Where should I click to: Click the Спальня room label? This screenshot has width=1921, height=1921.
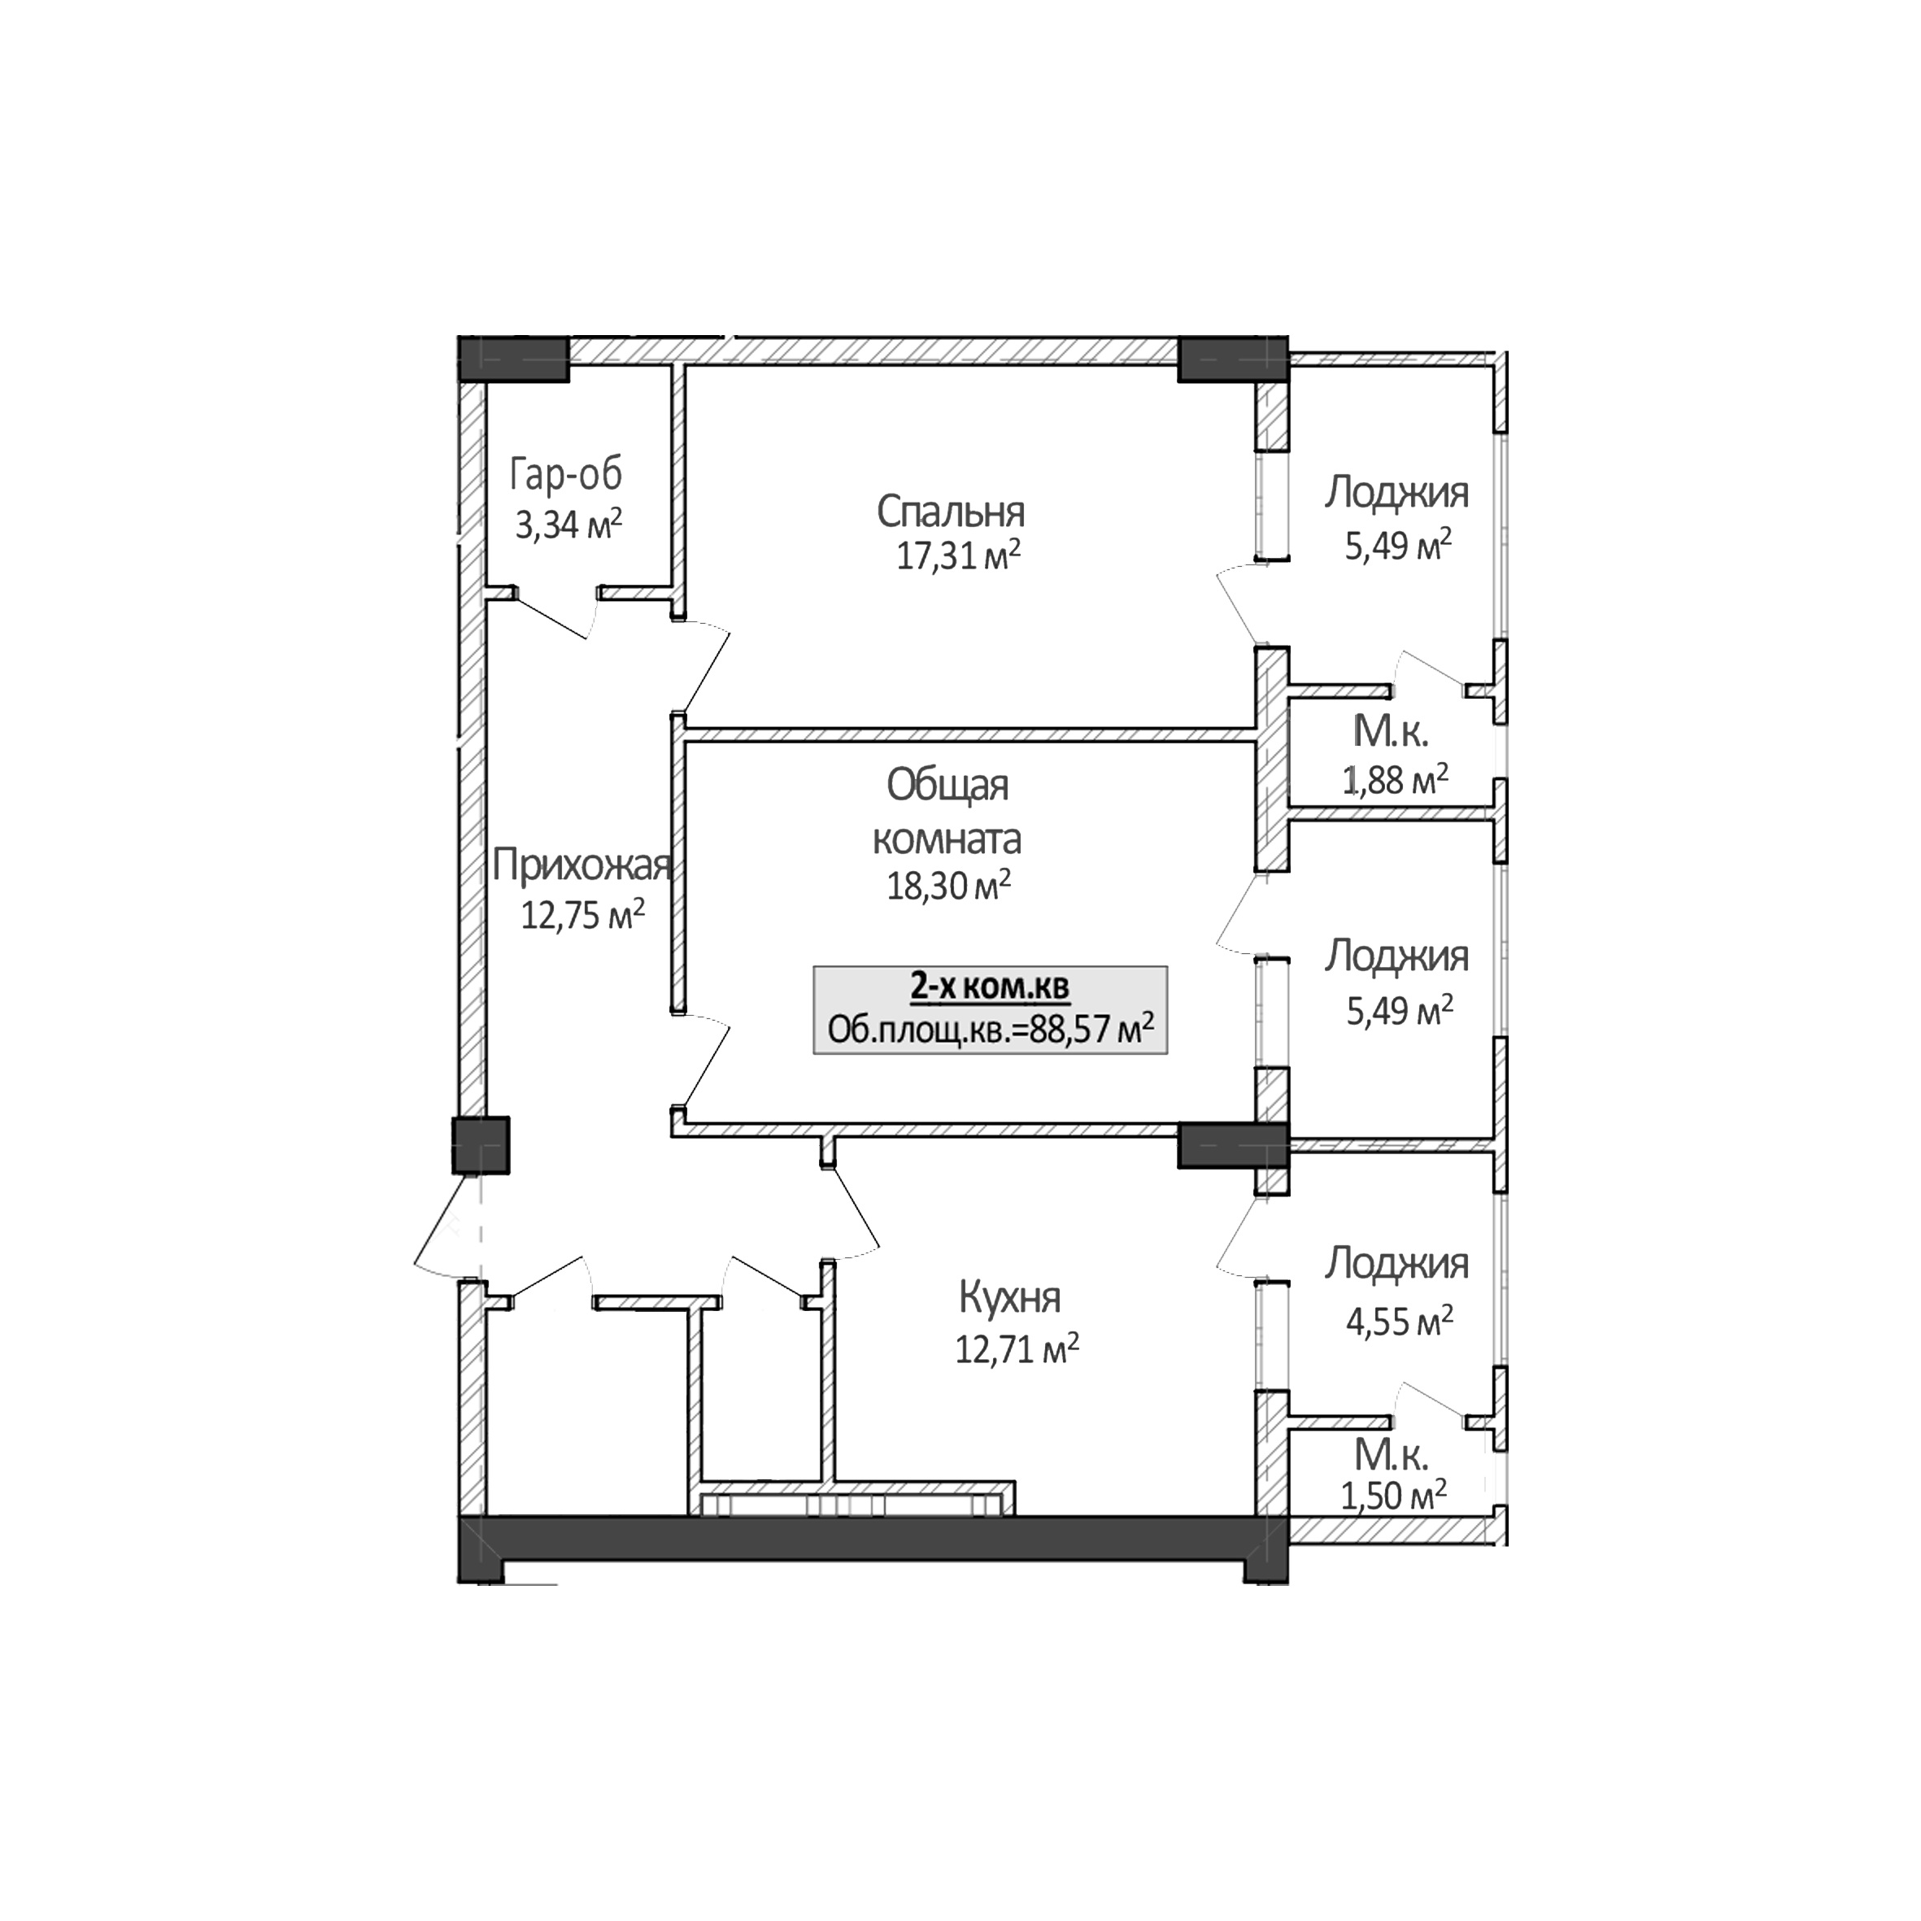[950, 512]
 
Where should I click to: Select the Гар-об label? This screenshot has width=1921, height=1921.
[566, 475]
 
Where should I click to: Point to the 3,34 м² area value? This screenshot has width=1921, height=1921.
[568, 523]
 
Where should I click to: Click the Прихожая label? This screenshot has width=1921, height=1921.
[581, 866]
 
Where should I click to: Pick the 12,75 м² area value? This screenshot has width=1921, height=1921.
[582, 914]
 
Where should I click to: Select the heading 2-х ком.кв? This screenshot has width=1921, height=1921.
[989, 987]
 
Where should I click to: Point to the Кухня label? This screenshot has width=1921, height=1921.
[1009, 1297]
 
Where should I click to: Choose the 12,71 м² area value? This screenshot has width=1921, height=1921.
[1016, 1349]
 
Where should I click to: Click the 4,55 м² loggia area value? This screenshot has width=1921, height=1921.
[1399, 1322]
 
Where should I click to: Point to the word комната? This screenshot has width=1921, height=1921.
[947, 839]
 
